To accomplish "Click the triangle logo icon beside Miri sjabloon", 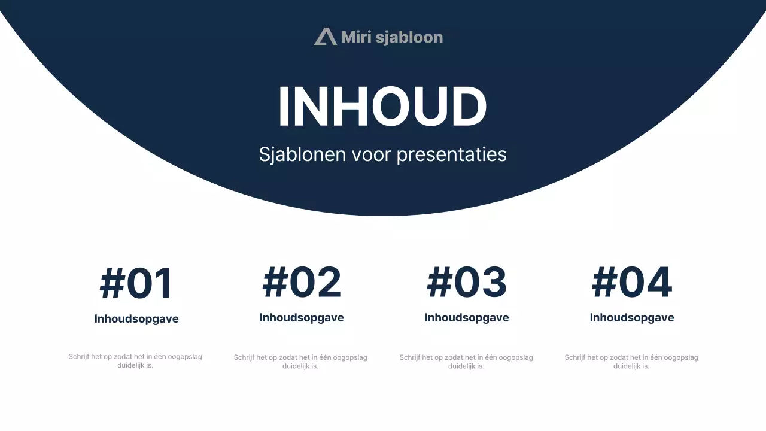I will pos(326,37).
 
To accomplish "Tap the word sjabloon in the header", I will pos(409,38).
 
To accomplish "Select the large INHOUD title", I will pos(382,107).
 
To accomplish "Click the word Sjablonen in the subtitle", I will pos(302,154).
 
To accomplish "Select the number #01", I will pos(136,284).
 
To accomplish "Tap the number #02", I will pos(302,283).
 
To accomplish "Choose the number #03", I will pos(467,283).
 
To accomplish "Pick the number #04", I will pos(632,283).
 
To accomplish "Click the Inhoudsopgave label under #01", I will pos(136,319).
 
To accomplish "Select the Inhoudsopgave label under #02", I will pos(302,318).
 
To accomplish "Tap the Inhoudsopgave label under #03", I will pos(467,318).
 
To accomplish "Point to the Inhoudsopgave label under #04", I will pos(632,318).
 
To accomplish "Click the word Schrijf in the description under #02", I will pos(244,358).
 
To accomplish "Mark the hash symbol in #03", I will pos(439,283).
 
